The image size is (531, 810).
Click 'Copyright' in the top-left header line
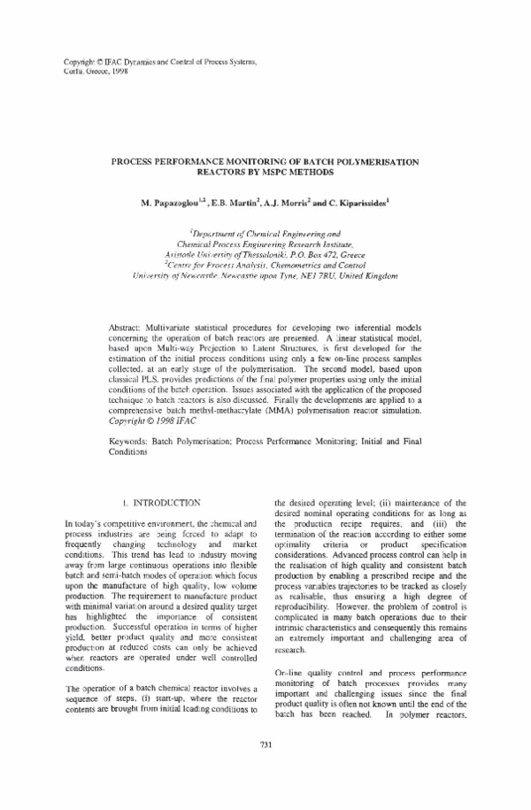pos(81,60)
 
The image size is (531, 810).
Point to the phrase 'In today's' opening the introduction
pos(86,526)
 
